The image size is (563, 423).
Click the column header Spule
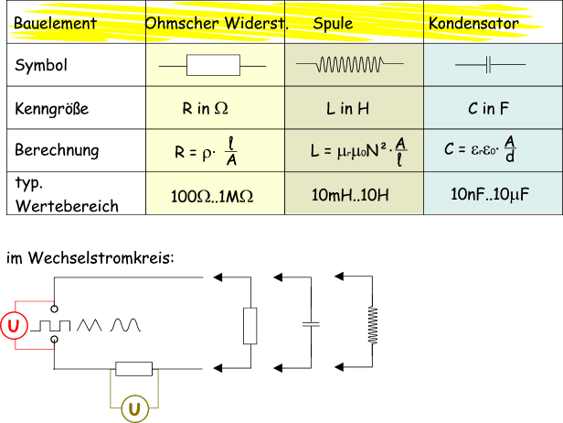[334, 22]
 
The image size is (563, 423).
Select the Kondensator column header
[473, 23]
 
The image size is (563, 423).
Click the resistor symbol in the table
[213, 66]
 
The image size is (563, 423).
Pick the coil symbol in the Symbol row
[347, 66]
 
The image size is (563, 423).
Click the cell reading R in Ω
[205, 109]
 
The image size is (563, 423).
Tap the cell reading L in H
[347, 109]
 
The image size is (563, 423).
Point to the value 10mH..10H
[350, 195]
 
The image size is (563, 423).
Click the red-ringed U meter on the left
[13, 325]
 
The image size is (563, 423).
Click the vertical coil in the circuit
[371, 324]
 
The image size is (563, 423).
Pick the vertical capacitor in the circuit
[311, 325]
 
